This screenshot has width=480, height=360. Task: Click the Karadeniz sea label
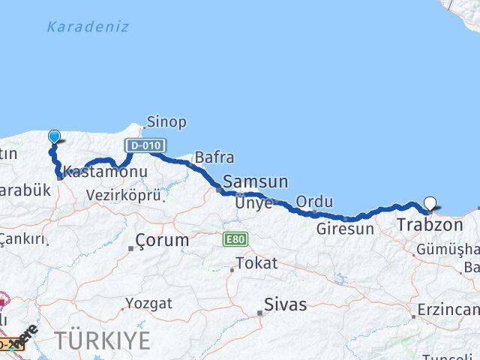point(88,27)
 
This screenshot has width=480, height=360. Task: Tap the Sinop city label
point(166,121)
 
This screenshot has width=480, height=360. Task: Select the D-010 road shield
point(145,145)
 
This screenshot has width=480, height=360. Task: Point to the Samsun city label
point(255,181)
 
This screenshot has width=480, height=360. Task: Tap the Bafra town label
point(214,157)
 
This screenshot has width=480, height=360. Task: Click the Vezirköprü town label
point(124,195)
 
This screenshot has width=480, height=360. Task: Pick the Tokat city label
point(256,263)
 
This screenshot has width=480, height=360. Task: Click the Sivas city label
point(285,304)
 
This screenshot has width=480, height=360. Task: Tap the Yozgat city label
point(148,304)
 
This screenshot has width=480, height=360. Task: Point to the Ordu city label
point(314,201)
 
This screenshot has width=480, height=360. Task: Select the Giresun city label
point(344,229)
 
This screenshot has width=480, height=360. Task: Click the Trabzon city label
point(429,225)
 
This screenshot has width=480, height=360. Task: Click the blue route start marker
point(55,136)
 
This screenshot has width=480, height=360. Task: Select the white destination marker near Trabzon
point(430,202)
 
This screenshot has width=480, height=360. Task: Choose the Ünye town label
point(250,202)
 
